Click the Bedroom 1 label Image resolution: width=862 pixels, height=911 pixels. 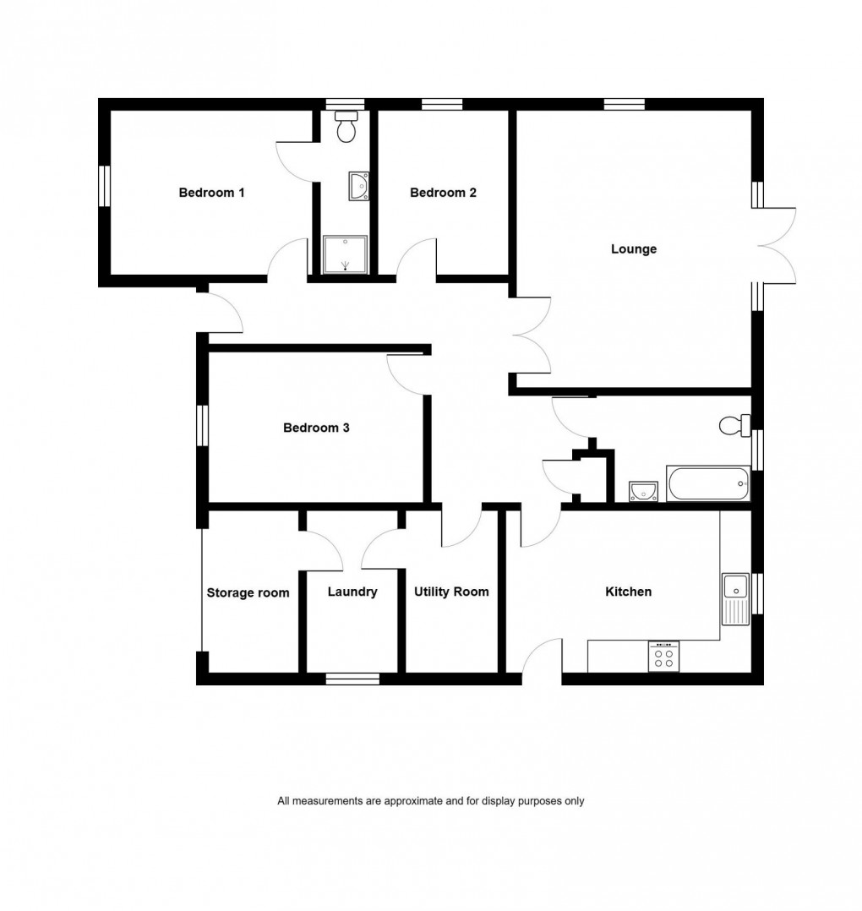[x=211, y=193]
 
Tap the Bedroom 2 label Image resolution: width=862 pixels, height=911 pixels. [x=443, y=193]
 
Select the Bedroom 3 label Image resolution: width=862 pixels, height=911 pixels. [x=316, y=428]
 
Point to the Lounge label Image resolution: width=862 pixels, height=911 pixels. [x=634, y=249]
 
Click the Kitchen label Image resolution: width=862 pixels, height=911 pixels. [x=629, y=592]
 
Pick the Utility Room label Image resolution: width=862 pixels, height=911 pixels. [x=451, y=592]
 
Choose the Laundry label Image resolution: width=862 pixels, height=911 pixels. [x=352, y=592]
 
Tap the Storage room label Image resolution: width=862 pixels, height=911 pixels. [x=248, y=592]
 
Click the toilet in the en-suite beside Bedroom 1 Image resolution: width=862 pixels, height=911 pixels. [x=345, y=128]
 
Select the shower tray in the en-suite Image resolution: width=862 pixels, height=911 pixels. [x=346, y=255]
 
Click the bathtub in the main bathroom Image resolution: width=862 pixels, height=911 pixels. [x=708, y=484]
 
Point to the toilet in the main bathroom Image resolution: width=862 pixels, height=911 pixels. [x=735, y=425]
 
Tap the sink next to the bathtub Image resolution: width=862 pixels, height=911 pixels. [x=644, y=491]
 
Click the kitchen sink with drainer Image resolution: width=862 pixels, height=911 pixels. [x=735, y=597]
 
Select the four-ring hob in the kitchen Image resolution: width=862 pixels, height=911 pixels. [x=663, y=657]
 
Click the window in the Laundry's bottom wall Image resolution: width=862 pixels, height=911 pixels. [x=352, y=678]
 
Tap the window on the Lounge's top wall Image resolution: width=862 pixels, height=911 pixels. [x=625, y=105]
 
